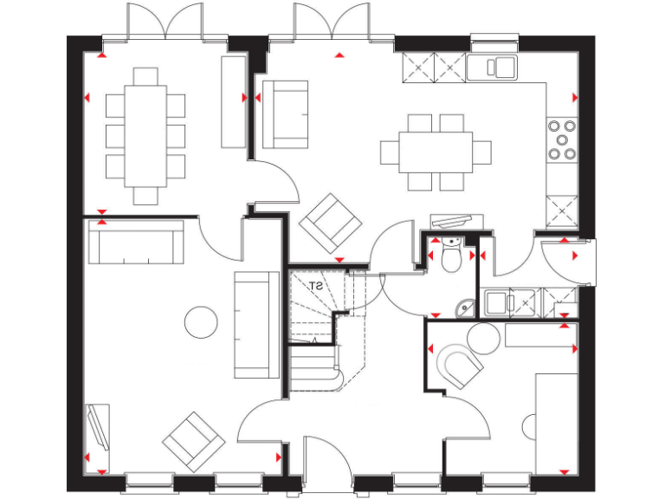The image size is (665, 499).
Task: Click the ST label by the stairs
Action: pyautogui.click(x=316, y=285)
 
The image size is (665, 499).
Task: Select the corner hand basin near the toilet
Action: pyautogui.click(x=465, y=307)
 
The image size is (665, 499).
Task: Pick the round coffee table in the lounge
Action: pyautogui.click(x=201, y=322)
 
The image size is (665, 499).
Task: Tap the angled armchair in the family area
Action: pyautogui.click(x=330, y=222)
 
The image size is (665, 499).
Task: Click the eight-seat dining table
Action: pyautogui.click(x=145, y=135)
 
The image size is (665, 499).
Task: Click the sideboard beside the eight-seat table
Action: pyautogui.click(x=234, y=101)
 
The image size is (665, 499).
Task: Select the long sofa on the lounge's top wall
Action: pyautogui.click(x=137, y=243)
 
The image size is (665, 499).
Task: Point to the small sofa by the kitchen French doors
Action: pyautogui.click(x=283, y=113)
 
